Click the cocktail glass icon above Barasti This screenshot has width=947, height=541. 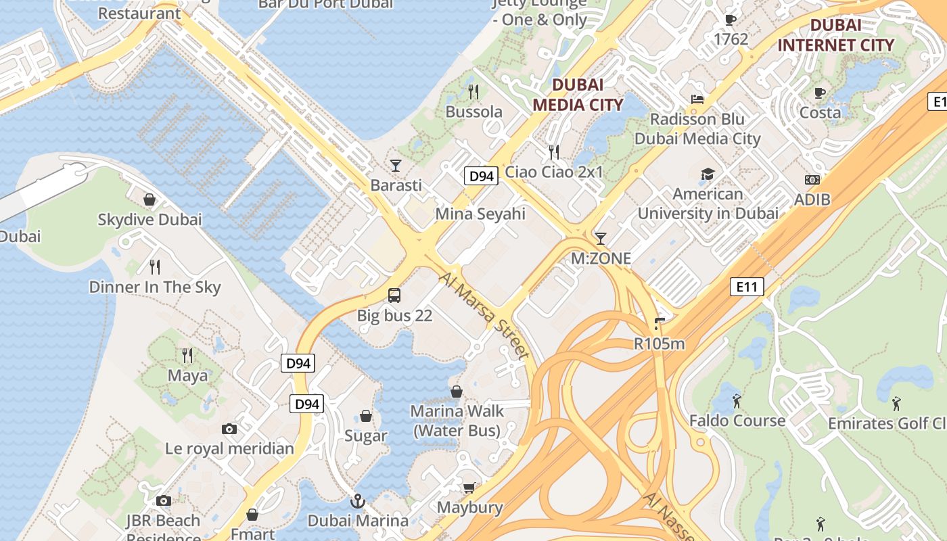(x=396, y=165)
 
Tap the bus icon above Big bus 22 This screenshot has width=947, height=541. (x=394, y=296)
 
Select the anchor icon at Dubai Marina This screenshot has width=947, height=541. (x=357, y=501)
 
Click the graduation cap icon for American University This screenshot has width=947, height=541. (x=708, y=174)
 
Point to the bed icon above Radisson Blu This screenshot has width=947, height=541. (x=697, y=99)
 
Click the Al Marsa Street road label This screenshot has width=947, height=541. (x=484, y=316)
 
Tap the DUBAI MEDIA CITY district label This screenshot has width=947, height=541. (x=577, y=95)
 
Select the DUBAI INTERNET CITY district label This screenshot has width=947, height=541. (x=835, y=35)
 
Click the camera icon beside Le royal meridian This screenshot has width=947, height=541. (x=229, y=429)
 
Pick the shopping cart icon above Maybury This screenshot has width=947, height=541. (x=469, y=488)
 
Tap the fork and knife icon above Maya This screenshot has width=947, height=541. (x=187, y=355)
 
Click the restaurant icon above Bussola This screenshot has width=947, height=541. (x=473, y=91)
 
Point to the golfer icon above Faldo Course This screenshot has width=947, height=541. (x=737, y=401)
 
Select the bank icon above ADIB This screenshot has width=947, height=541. (x=812, y=180)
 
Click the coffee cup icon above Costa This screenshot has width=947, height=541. (x=820, y=93)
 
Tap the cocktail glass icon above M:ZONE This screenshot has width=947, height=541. (x=600, y=238)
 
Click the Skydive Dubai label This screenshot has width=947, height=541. (x=149, y=220)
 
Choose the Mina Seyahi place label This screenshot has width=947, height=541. (x=480, y=214)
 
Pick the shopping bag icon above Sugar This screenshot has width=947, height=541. (x=366, y=415)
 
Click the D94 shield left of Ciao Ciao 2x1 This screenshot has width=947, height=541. (x=482, y=177)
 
